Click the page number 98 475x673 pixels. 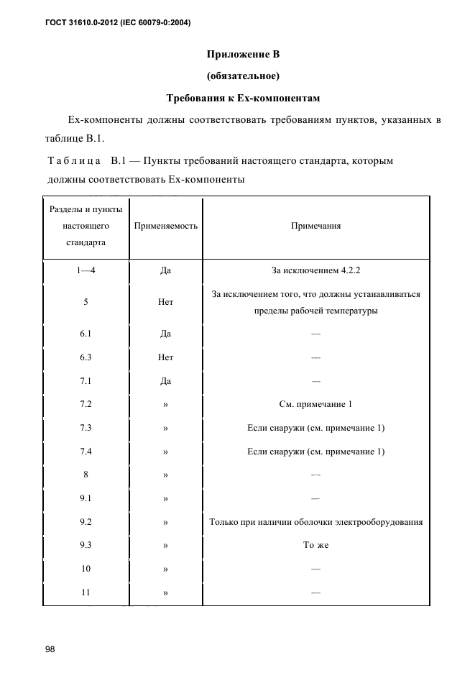[x=50, y=649]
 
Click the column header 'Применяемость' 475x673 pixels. [x=165, y=226]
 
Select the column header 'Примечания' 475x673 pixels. [x=315, y=226]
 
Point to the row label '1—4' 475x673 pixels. [x=86, y=271]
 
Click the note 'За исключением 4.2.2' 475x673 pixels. [x=315, y=271]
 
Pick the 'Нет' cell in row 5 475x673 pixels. [x=165, y=303]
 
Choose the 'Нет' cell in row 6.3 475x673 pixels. [x=165, y=357]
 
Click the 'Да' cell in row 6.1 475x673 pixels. [x=165, y=334]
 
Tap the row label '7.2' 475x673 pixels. [x=86, y=405]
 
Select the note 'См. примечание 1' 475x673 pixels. [x=315, y=405]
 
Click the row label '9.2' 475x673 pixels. [x=86, y=522]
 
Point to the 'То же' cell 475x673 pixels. [x=315, y=546]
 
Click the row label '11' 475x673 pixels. [x=86, y=593]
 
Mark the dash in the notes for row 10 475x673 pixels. [x=315, y=569]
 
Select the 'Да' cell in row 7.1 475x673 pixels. [x=165, y=381]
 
